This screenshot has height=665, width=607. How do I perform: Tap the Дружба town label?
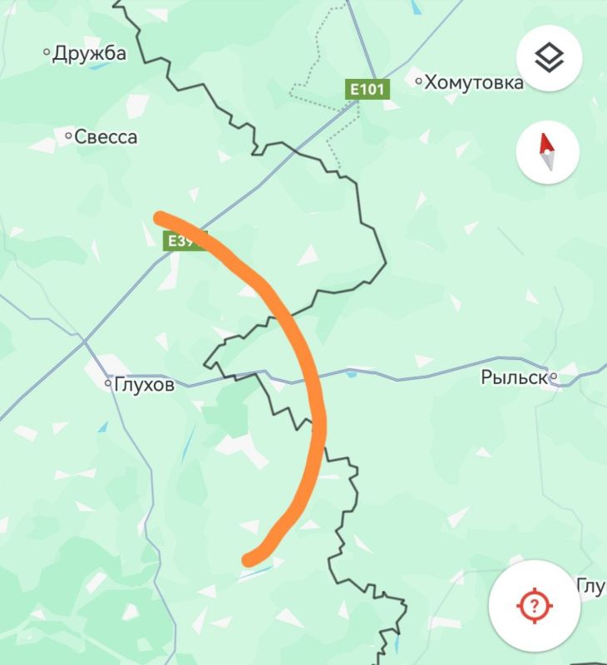(x=89, y=54)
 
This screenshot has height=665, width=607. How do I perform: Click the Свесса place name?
(x=106, y=137)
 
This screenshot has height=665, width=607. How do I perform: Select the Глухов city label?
(x=144, y=384)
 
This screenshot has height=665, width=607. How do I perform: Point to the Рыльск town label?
(x=513, y=378)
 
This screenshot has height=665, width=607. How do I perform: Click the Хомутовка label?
(x=474, y=82)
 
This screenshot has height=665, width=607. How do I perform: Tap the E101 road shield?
(x=367, y=89)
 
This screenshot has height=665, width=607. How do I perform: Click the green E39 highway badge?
(x=182, y=241)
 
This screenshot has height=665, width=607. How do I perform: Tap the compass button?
(x=547, y=153)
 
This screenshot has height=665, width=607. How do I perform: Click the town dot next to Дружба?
(x=47, y=53)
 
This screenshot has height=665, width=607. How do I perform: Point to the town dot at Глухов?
(x=108, y=384)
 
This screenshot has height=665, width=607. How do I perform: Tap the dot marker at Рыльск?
(x=554, y=378)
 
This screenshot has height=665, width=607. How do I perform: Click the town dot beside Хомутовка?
(x=419, y=81)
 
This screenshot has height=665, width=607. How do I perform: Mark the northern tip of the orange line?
(x=160, y=218)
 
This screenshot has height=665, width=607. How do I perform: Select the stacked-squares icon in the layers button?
(x=548, y=58)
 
